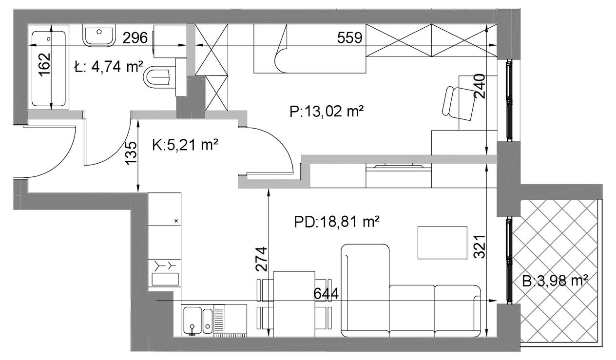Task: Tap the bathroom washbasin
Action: coord(99,36)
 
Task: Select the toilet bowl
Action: coord(159,78)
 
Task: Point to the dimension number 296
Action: coord(135,38)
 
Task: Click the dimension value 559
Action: coord(349,38)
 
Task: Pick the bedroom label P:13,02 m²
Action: coord(327,111)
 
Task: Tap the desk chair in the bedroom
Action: coord(459,103)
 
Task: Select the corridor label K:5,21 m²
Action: coord(185,145)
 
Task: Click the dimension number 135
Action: coord(131,153)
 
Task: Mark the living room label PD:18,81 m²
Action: coord(337,222)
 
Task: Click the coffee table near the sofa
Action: coord(442,243)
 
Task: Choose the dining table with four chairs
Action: coord(294,304)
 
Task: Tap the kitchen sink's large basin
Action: coord(192,321)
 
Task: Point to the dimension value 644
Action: coord(326,294)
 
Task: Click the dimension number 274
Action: coord(262,259)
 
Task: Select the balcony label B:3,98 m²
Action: coord(555,282)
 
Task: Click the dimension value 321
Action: coord(480,246)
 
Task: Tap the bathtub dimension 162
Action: coord(44,65)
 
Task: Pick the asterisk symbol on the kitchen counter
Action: coord(176,221)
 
